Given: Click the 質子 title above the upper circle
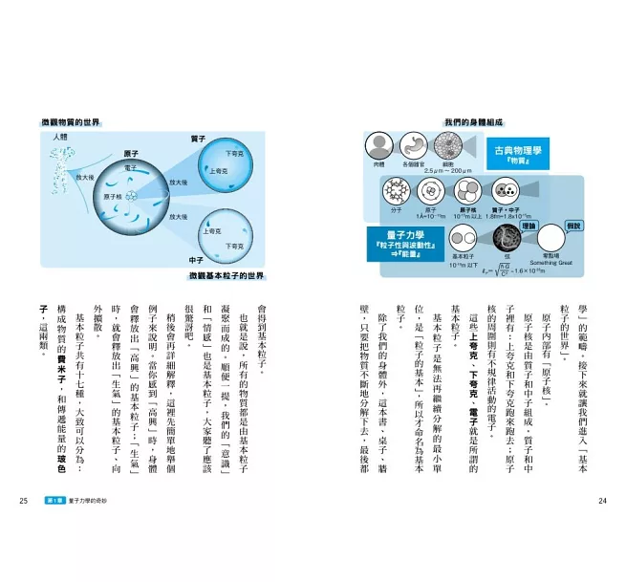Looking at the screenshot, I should (x=199, y=139).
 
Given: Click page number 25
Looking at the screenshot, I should (x=23, y=501).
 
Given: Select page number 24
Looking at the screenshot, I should (x=602, y=501).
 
